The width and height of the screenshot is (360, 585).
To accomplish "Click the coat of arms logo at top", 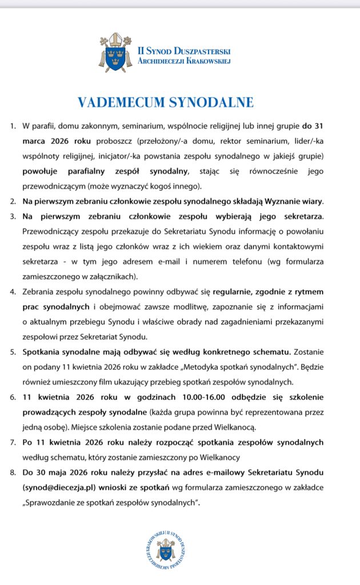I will pos(116,52).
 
